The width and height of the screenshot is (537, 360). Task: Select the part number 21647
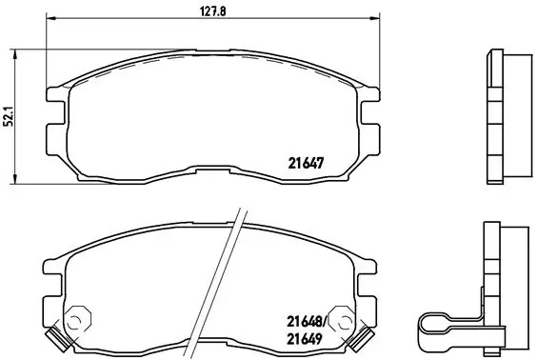click(307, 161)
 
